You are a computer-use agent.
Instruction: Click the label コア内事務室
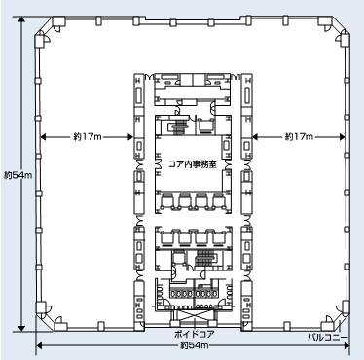click(x=193, y=164)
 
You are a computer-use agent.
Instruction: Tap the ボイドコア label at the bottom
click(x=195, y=334)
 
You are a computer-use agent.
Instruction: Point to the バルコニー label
click(x=327, y=338)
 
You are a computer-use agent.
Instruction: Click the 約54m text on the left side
click(x=18, y=175)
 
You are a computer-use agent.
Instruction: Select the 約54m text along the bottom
click(x=195, y=345)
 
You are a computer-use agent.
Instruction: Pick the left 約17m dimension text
click(x=88, y=137)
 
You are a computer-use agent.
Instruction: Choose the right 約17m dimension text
click(x=299, y=137)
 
